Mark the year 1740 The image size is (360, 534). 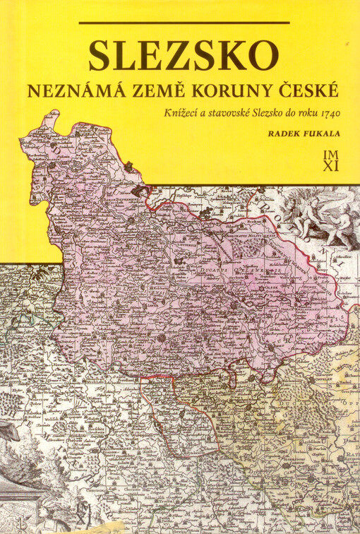click(x=329, y=113)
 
